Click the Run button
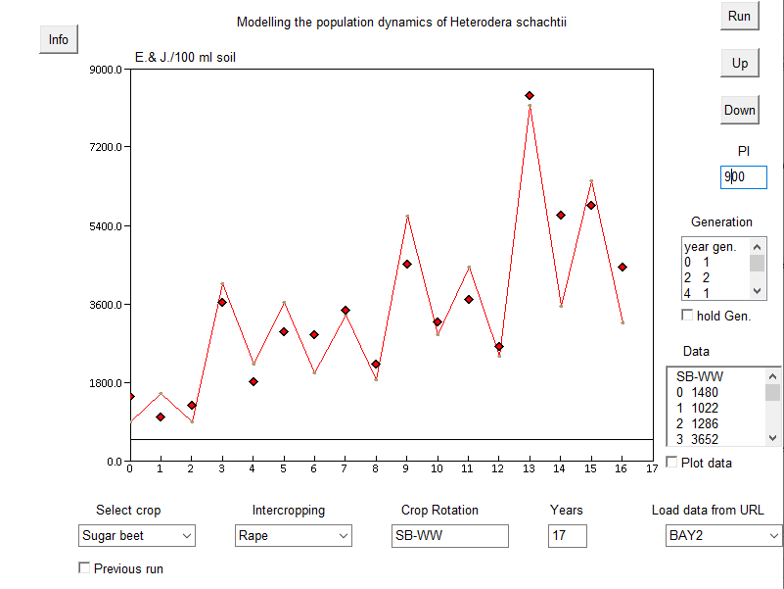pyautogui.click(x=739, y=17)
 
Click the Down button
pyautogui.click(x=739, y=110)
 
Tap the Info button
pyautogui.click(x=59, y=39)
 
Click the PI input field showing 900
pyautogui.click(x=744, y=177)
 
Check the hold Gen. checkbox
pyautogui.click(x=687, y=316)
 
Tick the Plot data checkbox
pyautogui.click(x=671, y=463)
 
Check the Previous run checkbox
pyautogui.click(x=84, y=568)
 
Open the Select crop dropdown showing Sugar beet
pyautogui.click(x=137, y=536)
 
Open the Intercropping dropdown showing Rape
pyautogui.click(x=294, y=536)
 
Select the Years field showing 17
pyautogui.click(x=568, y=536)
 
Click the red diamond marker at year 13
pyautogui.click(x=530, y=95)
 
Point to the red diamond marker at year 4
pyautogui.click(x=253, y=381)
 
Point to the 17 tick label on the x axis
pyautogui.click(x=652, y=468)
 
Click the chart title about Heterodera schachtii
pyautogui.click(x=401, y=22)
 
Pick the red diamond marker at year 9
pyautogui.click(x=406, y=264)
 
